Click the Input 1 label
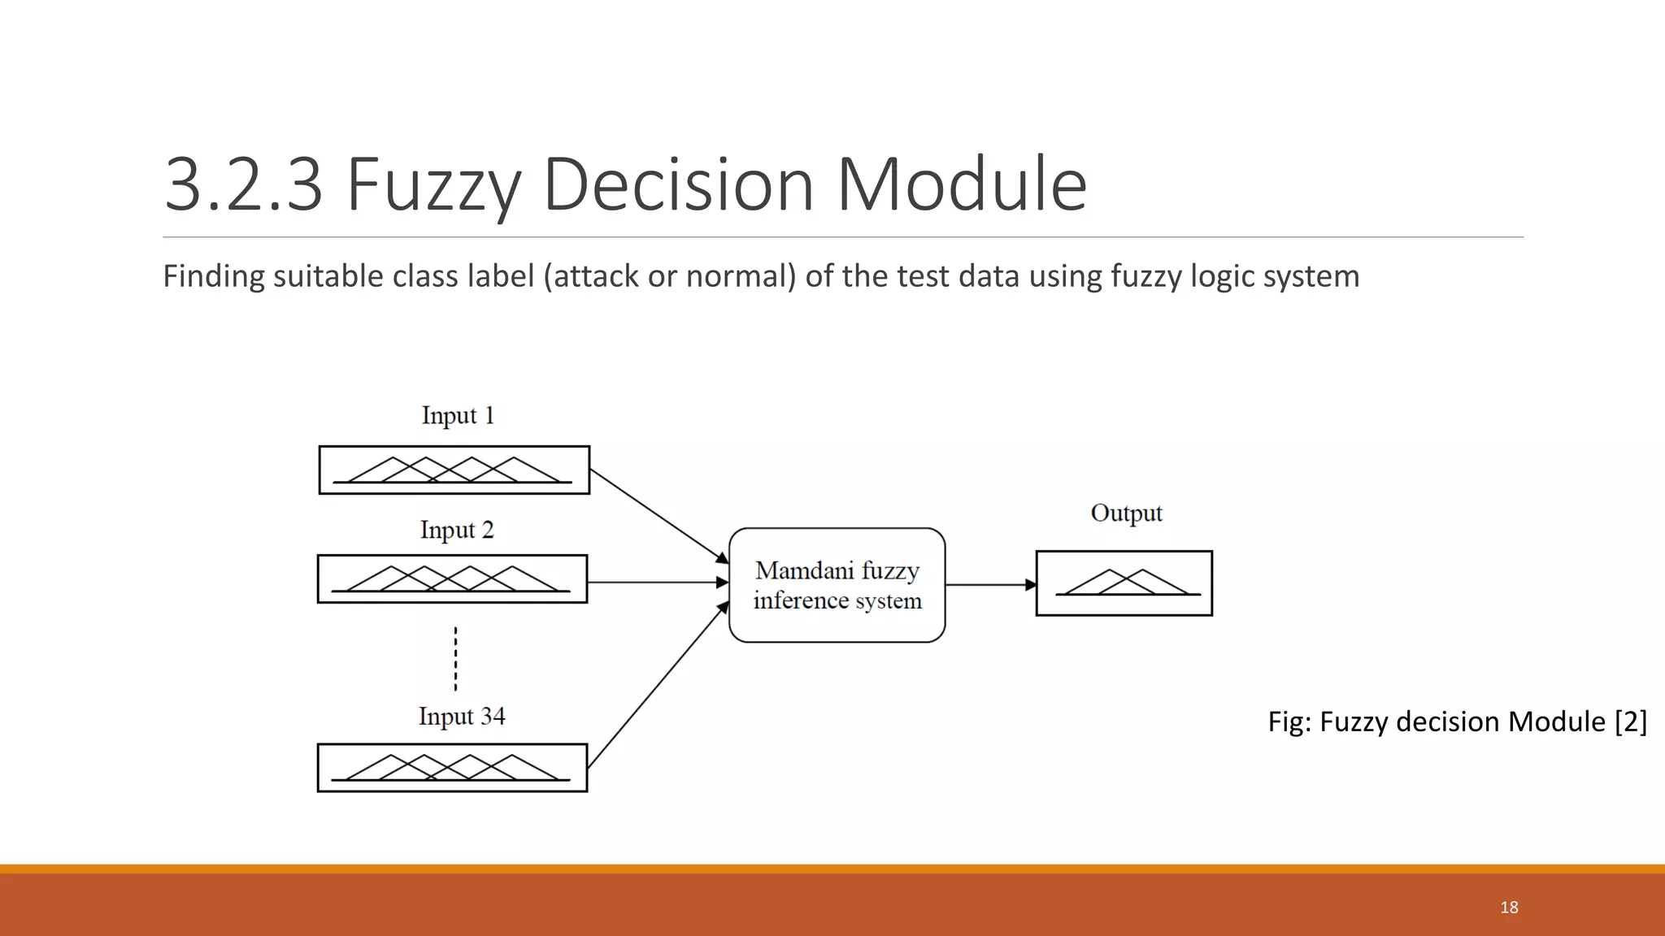coord(458,415)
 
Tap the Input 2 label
coord(457,530)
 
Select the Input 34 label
coord(461,716)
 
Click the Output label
coord(1126,513)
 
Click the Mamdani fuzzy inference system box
coord(837,585)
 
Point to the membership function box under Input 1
coord(454,470)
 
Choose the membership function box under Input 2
coord(452,578)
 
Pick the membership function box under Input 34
coord(452,767)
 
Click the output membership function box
coord(1124,583)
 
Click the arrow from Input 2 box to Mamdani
coord(657,583)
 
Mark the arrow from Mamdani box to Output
coord(990,584)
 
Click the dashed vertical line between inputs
coord(455,658)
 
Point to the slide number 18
coord(1509,908)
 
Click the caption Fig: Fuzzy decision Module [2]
coord(1457,721)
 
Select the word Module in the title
coord(961,184)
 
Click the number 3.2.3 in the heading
coord(243,184)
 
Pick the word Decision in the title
coord(678,184)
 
